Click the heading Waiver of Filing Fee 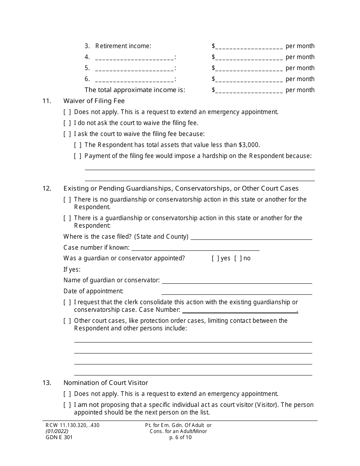[94, 101]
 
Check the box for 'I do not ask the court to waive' [67, 123]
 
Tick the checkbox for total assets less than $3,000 [78, 145]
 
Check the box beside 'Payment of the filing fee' [78, 156]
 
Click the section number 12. [47, 188]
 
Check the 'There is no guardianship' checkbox [67, 200]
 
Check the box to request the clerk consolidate [67, 302]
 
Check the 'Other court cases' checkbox [67, 321]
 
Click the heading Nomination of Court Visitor [106, 383]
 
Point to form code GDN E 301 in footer [59, 437]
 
